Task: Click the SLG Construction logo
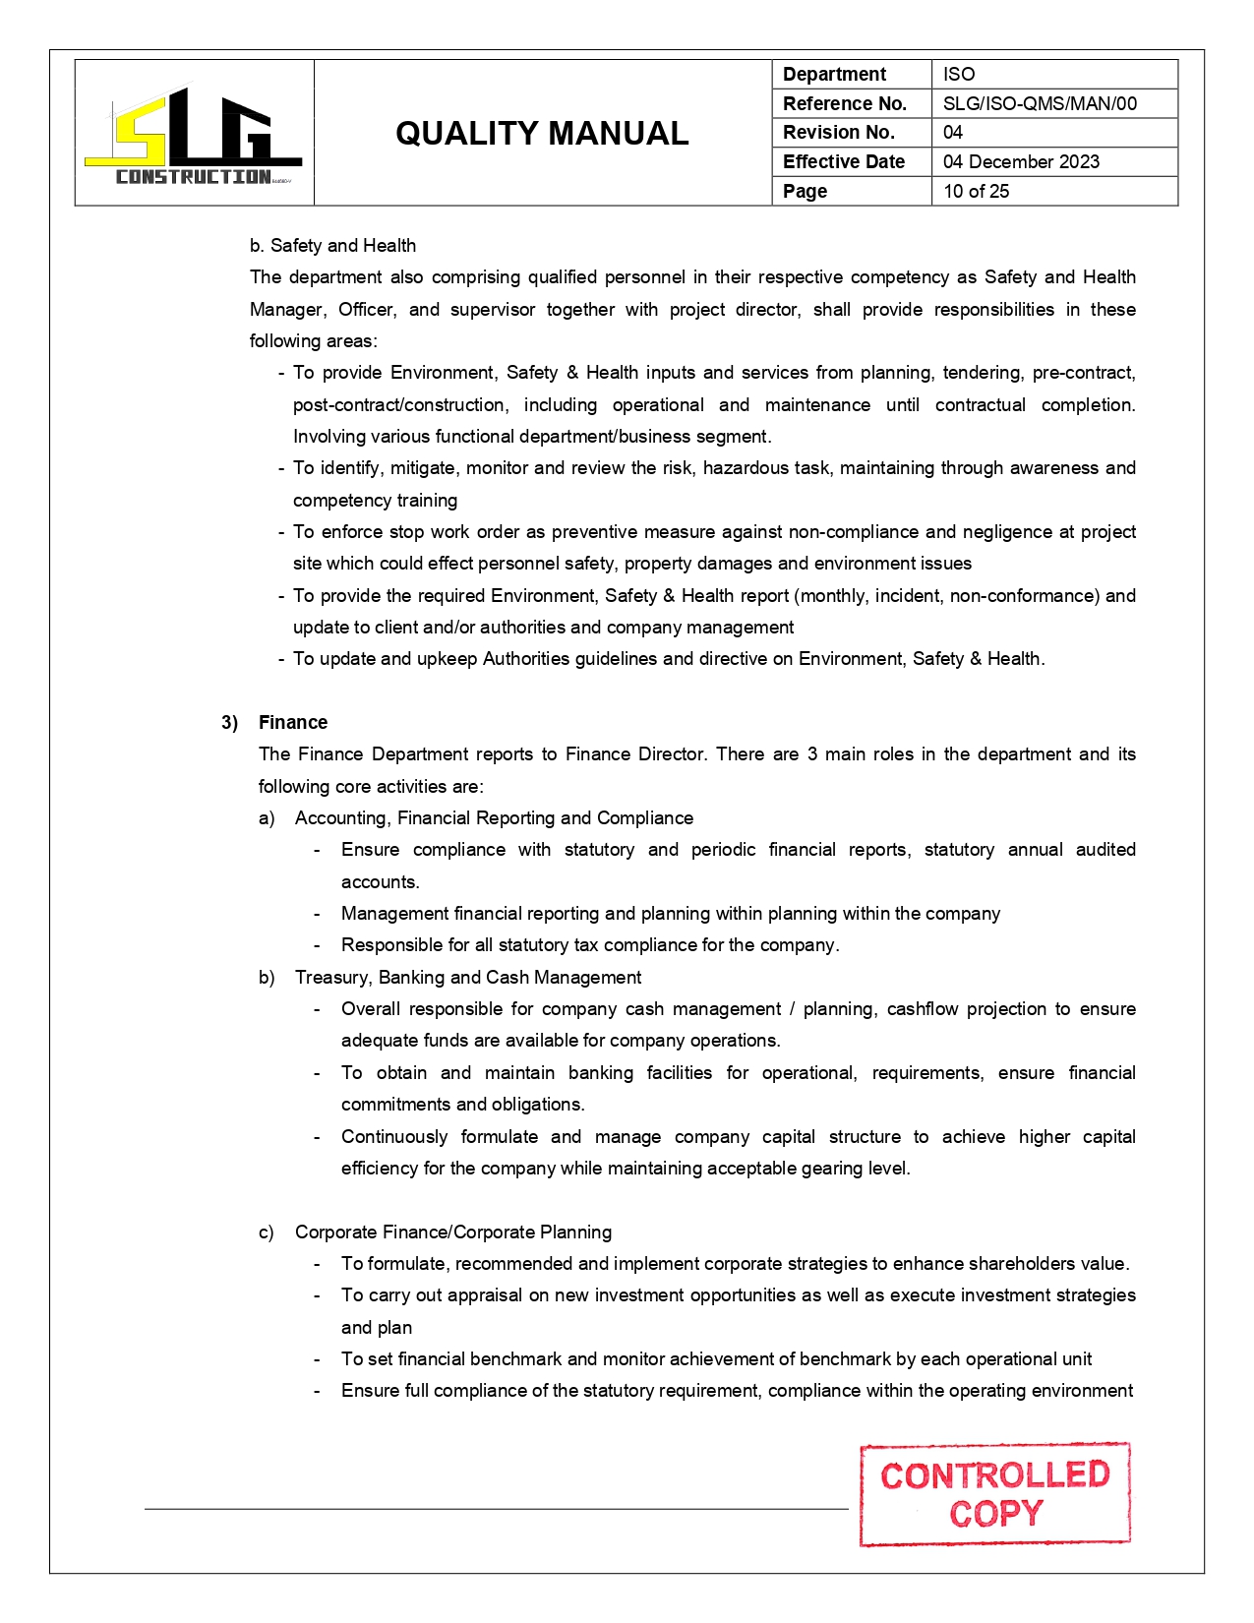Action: [x=194, y=136]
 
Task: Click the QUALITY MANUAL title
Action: [x=542, y=134]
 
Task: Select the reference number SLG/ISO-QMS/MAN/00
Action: [x=1040, y=103]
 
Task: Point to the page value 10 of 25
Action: [x=976, y=191]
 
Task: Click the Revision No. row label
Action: [x=839, y=132]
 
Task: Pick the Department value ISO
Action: [x=959, y=74]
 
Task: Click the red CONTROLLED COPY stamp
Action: [x=994, y=1493]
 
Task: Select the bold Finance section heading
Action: [x=293, y=722]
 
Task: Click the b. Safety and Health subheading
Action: [x=332, y=245]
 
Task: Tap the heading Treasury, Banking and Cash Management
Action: [x=468, y=977]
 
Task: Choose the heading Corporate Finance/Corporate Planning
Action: [x=453, y=1232]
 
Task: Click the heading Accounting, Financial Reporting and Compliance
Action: [x=494, y=817]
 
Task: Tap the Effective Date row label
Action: [x=844, y=161]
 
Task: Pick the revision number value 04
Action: [x=953, y=132]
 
